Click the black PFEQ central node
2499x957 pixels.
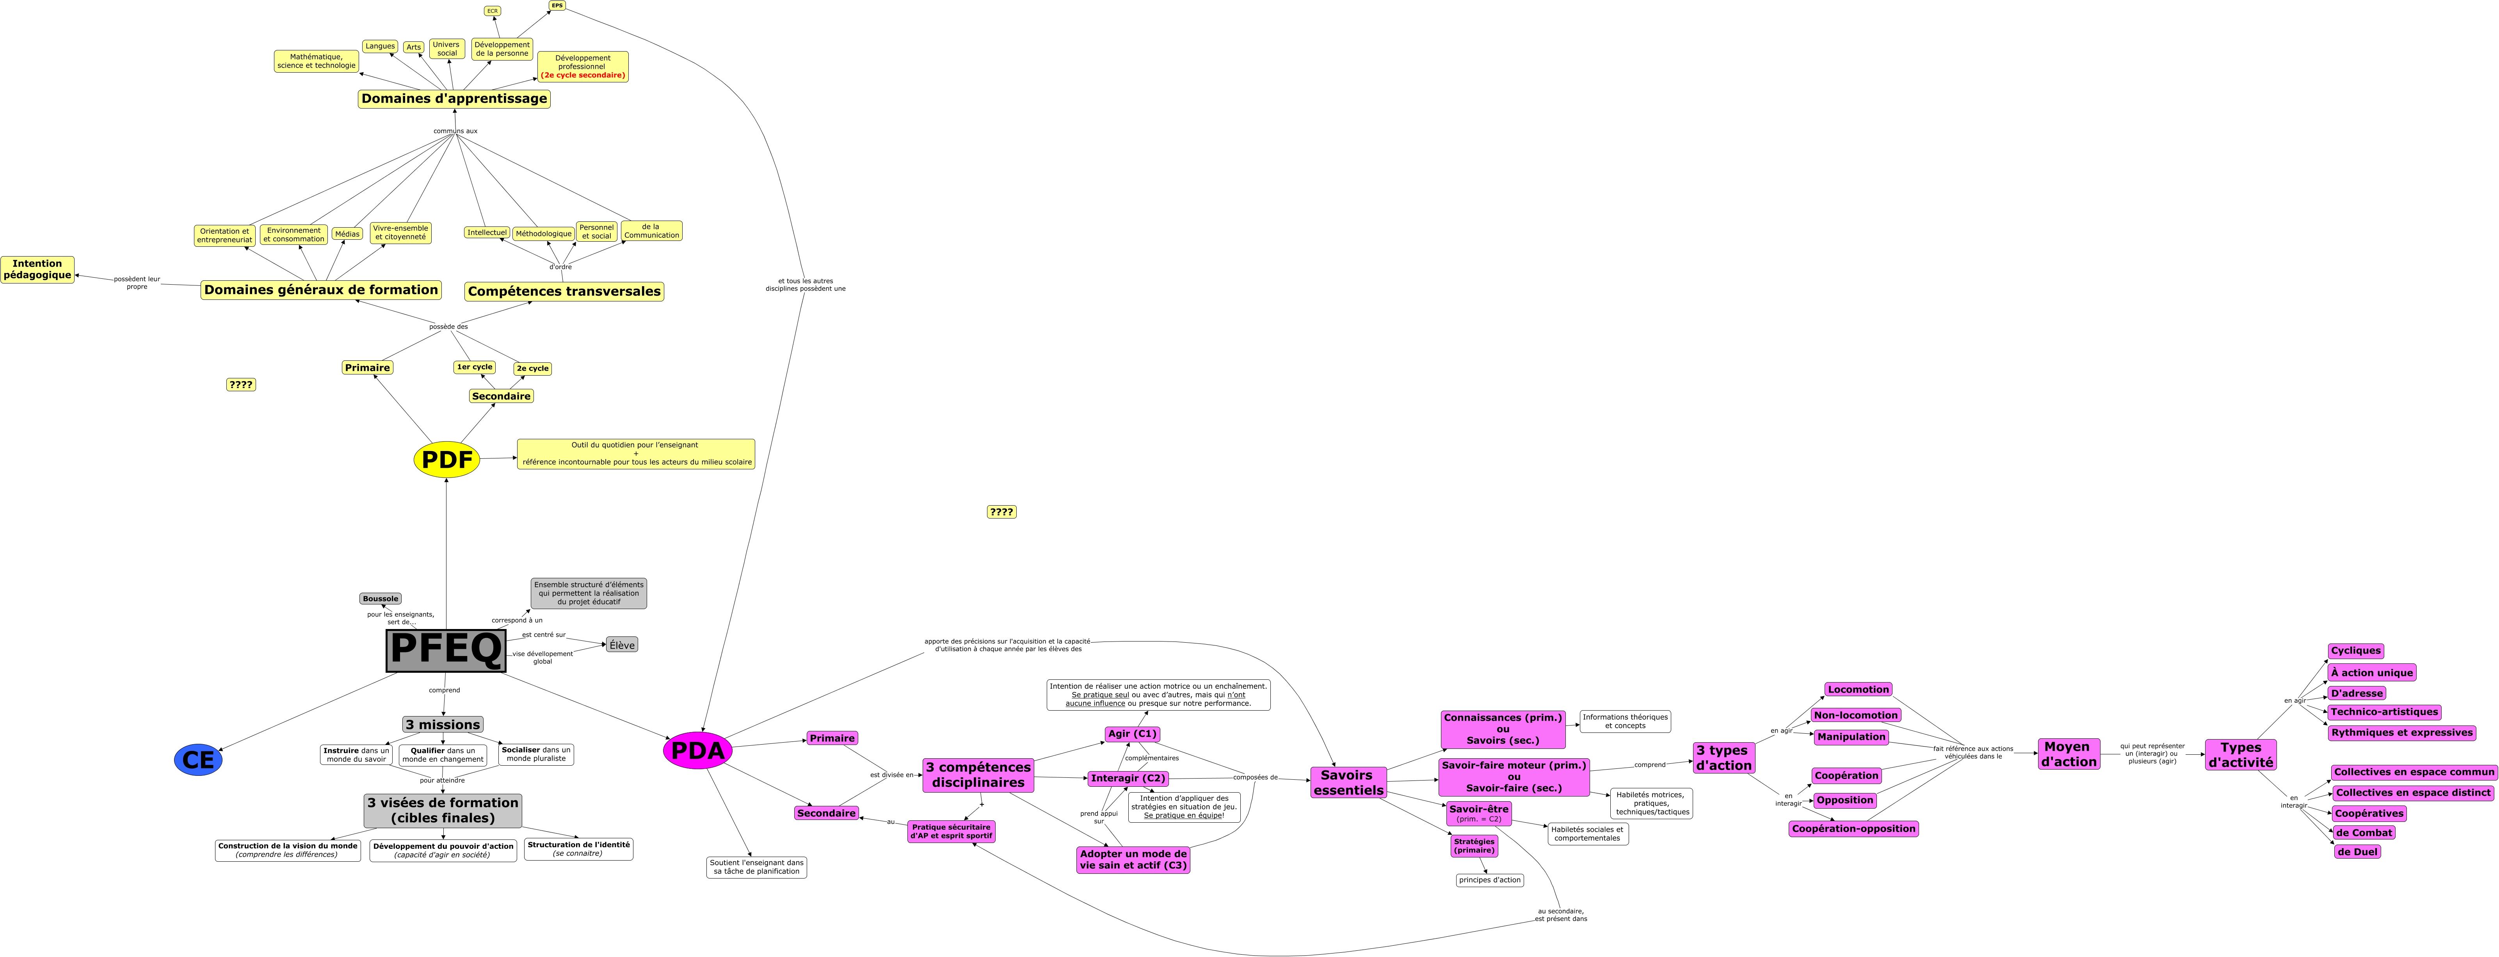(x=446, y=650)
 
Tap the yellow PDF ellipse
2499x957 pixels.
(x=446, y=459)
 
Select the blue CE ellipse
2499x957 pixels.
(x=198, y=760)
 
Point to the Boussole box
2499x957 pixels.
(x=380, y=599)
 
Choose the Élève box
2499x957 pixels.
(x=622, y=645)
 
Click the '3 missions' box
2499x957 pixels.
(x=442, y=724)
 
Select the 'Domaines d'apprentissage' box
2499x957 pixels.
(x=454, y=98)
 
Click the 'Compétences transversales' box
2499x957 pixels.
(x=564, y=291)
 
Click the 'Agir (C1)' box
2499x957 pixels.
(x=1132, y=734)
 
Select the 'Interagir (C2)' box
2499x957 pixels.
(x=1127, y=779)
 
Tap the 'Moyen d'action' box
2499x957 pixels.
(x=2068, y=754)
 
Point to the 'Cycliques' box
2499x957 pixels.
(x=2355, y=651)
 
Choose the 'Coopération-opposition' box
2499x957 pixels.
(x=1853, y=829)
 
